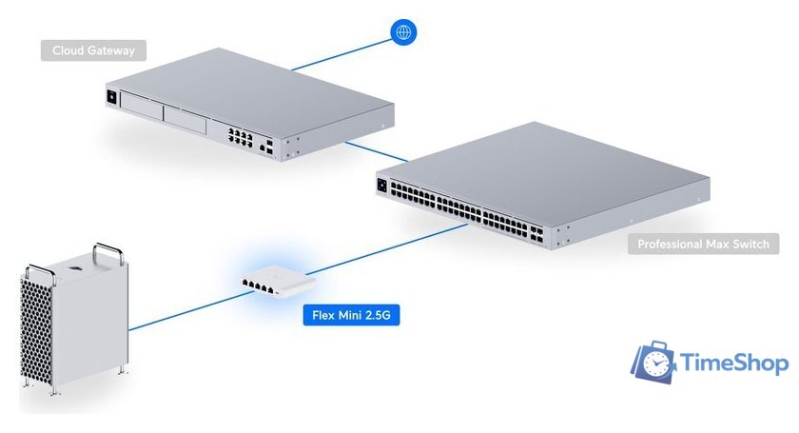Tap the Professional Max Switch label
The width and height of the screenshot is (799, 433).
(x=703, y=245)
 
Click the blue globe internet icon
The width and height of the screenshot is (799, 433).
(x=403, y=32)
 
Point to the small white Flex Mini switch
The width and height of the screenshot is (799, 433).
(x=275, y=281)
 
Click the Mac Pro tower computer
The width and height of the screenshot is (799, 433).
(x=74, y=319)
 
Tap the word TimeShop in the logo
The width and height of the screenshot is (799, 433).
(x=734, y=363)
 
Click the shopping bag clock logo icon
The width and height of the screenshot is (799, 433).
(x=654, y=361)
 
